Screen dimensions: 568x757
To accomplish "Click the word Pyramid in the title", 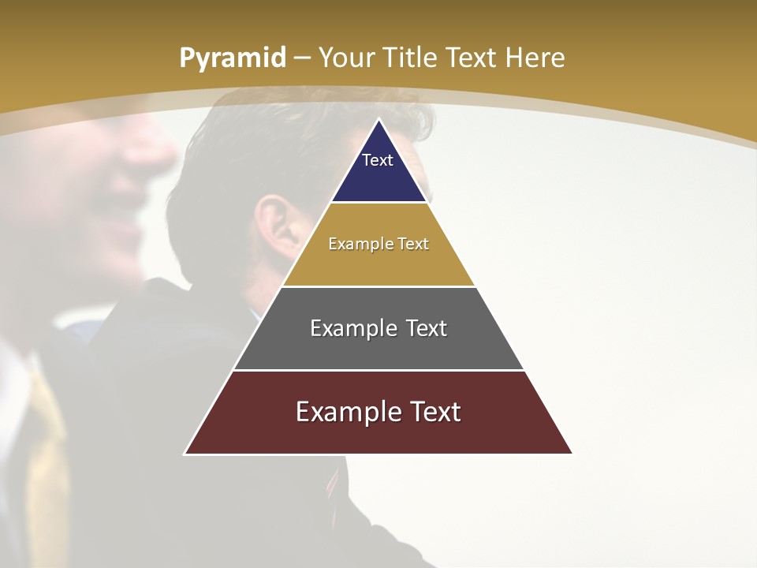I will coord(232,58).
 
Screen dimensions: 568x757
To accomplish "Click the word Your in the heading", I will coord(346,58).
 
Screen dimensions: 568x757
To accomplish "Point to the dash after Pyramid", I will coord(302,58).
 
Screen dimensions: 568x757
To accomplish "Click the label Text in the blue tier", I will coord(378,160).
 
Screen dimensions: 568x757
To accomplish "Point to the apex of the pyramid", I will coord(378,120).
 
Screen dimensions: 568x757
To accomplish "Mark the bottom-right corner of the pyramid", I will coord(571,453).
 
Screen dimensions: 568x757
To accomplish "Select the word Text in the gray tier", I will coord(424,328).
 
